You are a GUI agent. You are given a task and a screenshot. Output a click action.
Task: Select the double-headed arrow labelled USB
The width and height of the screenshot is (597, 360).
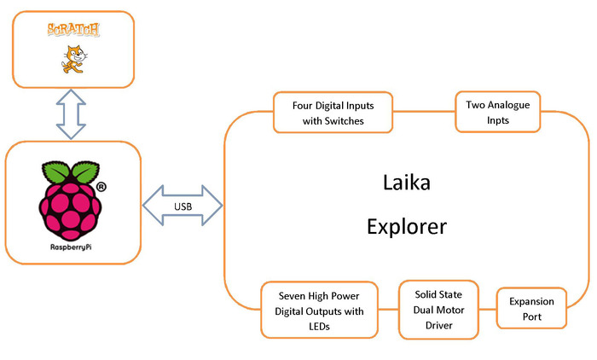(x=182, y=206)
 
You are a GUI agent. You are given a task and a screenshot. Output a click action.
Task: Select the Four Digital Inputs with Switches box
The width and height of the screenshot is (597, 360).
(x=333, y=112)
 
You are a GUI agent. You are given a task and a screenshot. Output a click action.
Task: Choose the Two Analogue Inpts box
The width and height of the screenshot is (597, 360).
(x=498, y=112)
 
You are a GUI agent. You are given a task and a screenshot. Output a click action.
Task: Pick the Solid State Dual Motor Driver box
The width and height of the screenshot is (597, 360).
(x=438, y=309)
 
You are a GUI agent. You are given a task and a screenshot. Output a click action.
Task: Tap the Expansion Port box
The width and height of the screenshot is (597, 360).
(x=531, y=309)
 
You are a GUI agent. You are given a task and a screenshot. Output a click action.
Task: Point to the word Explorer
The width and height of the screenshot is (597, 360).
(x=408, y=227)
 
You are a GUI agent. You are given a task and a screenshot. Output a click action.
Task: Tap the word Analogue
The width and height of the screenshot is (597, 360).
(x=508, y=104)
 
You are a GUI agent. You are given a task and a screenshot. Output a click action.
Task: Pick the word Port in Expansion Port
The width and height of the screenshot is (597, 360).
(x=532, y=317)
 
